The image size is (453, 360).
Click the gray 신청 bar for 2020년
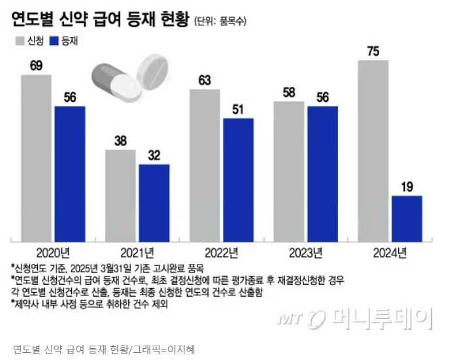click(x=36, y=157)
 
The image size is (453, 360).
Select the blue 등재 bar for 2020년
click(x=70, y=173)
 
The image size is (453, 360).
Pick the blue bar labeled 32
click(x=154, y=202)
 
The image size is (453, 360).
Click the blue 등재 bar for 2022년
click(x=239, y=179)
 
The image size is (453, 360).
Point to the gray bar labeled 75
click(x=373, y=150)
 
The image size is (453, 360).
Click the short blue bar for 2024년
click(x=407, y=218)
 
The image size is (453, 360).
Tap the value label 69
click(x=36, y=65)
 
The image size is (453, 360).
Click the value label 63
click(x=205, y=80)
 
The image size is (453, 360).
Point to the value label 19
click(x=407, y=187)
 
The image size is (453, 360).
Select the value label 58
click(x=289, y=92)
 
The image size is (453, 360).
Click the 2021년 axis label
click(x=137, y=252)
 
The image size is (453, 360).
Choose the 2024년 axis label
click(x=390, y=252)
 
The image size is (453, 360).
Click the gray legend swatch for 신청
click(x=20, y=41)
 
